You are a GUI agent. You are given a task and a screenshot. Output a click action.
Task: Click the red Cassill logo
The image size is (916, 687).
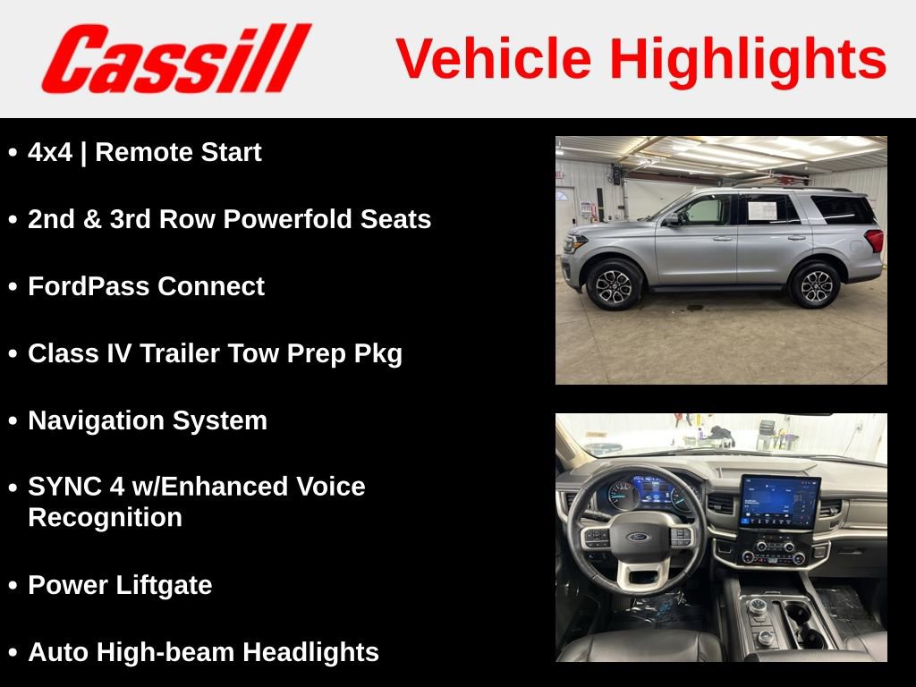tap(175, 58)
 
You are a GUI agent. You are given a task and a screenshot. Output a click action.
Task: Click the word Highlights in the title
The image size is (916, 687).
tap(748, 59)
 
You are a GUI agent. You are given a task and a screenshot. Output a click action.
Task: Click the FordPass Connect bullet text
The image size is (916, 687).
tap(146, 287)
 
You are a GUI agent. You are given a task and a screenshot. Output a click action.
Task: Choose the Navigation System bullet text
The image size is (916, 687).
tap(148, 421)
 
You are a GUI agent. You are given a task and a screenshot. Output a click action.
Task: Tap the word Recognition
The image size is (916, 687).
tap(105, 518)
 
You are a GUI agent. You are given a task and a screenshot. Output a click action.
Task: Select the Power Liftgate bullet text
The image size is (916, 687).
tap(120, 586)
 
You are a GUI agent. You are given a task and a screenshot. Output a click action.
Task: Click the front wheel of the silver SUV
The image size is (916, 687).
tap(614, 284)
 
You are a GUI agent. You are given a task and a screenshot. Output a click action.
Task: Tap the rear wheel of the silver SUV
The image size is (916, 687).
tap(814, 284)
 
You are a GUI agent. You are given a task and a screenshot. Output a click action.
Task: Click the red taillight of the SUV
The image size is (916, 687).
tap(874, 240)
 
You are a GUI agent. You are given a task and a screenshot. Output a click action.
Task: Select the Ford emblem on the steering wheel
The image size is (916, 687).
tap(637, 538)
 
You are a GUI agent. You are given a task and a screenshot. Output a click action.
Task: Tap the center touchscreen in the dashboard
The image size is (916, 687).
tap(778, 502)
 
